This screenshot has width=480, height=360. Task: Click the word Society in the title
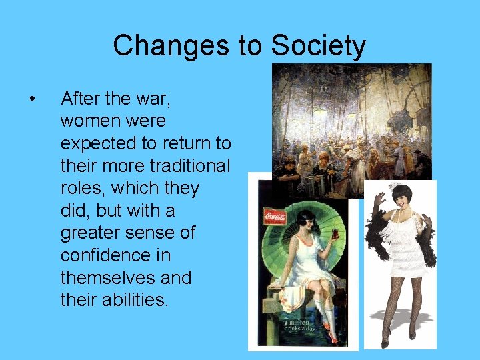[318, 46]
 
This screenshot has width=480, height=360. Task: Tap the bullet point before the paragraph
[32, 99]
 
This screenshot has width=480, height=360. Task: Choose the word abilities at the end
[137, 300]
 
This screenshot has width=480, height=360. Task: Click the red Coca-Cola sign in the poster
[275, 217]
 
